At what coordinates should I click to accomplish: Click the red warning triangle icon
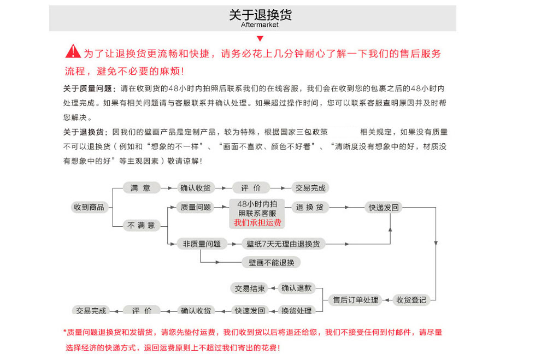pos(73,52)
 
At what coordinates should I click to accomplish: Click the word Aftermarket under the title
pos(260,25)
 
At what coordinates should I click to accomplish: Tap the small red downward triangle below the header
pos(260,38)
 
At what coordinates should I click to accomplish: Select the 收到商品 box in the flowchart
pos(89,207)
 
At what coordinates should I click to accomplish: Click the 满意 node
pos(140,188)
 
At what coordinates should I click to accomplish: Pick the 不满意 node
pos(141,225)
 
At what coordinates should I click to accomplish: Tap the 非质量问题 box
pos(202,244)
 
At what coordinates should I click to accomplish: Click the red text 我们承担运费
pos(257,222)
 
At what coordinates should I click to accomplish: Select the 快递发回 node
pos(384,207)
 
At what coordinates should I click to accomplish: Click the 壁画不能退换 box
pos(271,262)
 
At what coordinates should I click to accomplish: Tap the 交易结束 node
pos(250,288)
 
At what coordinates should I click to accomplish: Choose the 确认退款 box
pos(296,288)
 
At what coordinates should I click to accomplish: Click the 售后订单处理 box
pos(355,300)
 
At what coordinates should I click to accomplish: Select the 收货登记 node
pos(411,299)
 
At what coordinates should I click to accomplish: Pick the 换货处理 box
pos(296,310)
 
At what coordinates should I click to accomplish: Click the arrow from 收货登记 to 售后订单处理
pos(387,300)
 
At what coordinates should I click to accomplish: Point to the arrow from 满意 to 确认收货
pos(168,188)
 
